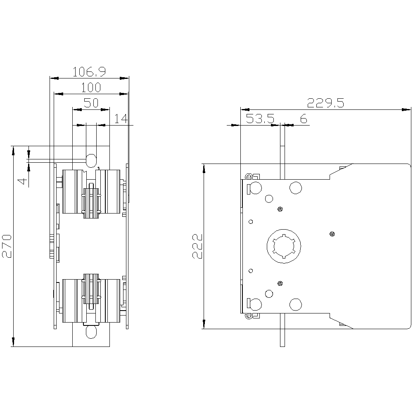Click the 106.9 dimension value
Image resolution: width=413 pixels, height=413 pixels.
[89, 71]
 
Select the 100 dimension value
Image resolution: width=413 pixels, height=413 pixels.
[91, 88]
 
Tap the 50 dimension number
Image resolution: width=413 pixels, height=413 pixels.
[91, 103]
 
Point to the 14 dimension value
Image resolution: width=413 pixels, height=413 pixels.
[121, 119]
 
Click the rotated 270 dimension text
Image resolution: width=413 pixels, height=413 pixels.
[7, 246]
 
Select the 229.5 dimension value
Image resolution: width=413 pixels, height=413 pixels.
[325, 103]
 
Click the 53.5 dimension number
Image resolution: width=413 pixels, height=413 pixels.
[260, 119]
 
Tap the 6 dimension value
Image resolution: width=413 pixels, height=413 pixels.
[304, 119]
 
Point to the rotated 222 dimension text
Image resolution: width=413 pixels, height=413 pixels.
[197, 246]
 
